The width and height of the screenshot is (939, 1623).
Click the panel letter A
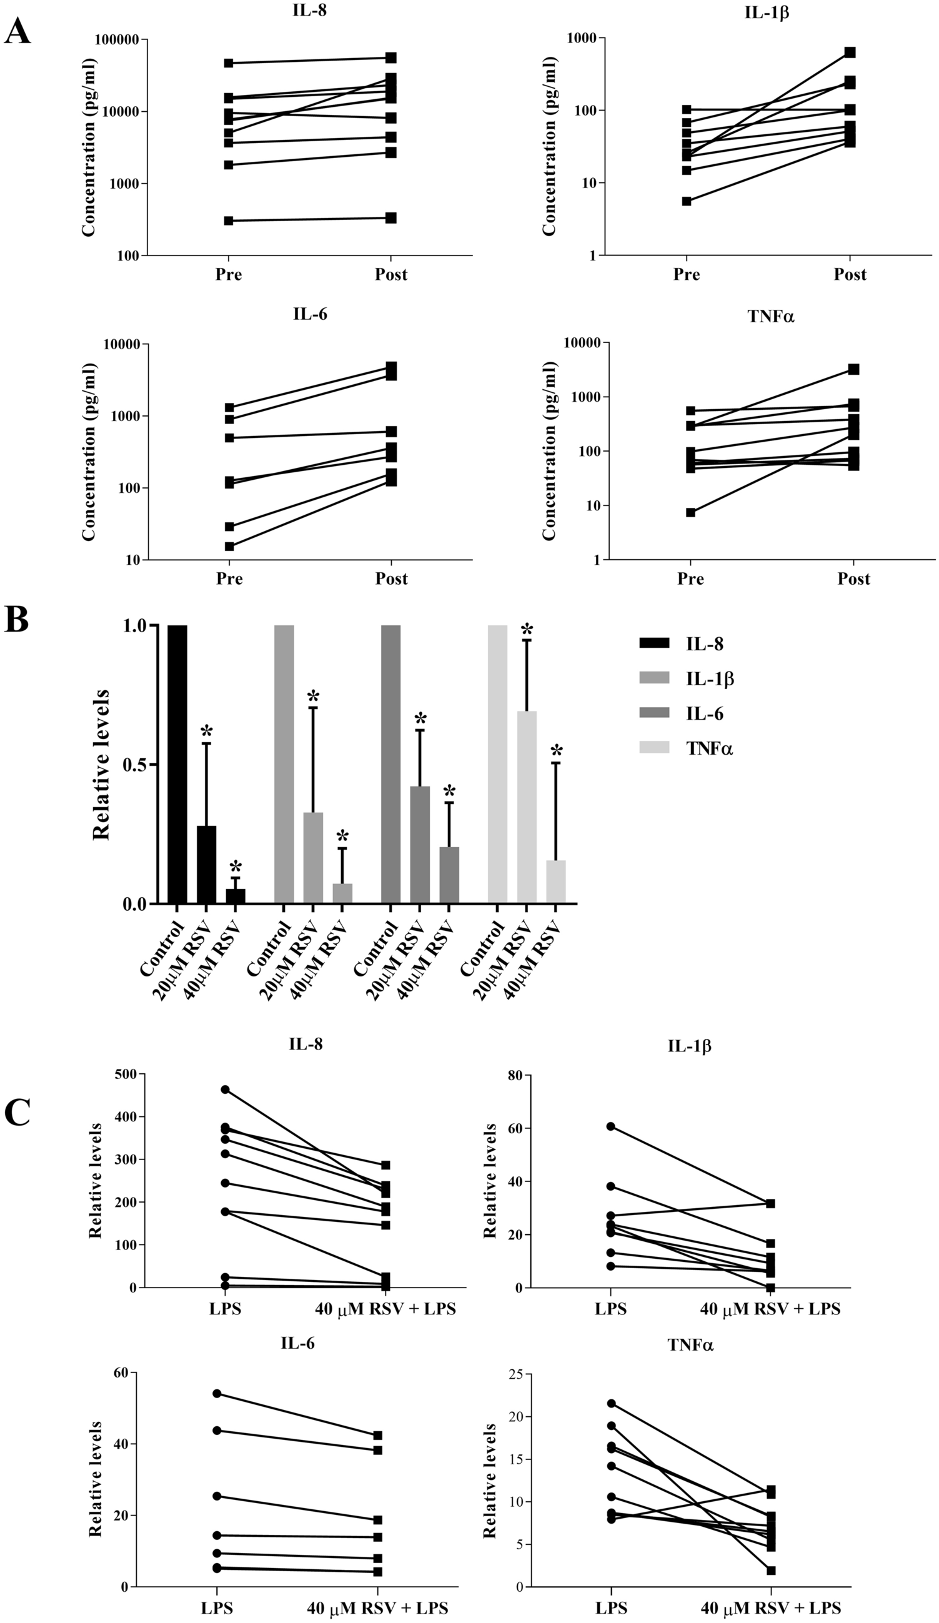click(x=17, y=30)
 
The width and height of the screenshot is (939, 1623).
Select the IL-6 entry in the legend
click(x=704, y=713)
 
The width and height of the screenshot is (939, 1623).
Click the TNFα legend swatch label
click(x=709, y=748)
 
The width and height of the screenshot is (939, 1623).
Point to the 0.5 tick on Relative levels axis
click(x=135, y=765)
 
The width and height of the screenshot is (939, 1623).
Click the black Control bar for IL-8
click(x=177, y=764)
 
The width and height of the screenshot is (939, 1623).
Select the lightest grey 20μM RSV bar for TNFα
click(x=526, y=807)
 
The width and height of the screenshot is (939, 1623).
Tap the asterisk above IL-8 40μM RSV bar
click(x=236, y=866)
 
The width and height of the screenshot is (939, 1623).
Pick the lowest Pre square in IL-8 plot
click(x=229, y=221)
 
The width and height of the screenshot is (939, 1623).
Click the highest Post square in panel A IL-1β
click(x=850, y=52)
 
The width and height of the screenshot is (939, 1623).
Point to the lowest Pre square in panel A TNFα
click(x=690, y=513)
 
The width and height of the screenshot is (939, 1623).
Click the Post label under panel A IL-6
click(x=391, y=578)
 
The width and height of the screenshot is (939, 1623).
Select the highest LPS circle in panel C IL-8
click(x=226, y=1089)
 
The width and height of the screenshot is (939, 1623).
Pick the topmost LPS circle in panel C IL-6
click(x=217, y=1393)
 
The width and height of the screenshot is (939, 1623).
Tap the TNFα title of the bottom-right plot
click(x=690, y=1344)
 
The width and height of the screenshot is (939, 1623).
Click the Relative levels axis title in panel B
click(x=101, y=765)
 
